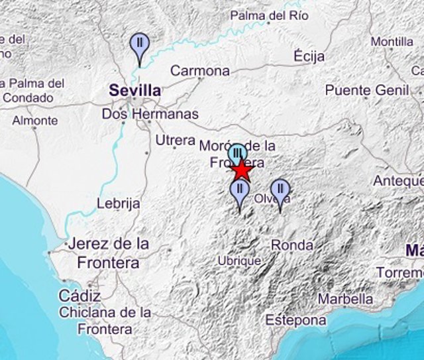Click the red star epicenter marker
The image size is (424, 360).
[x=242, y=171]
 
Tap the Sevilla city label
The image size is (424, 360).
[x=135, y=91]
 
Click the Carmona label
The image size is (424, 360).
[x=200, y=70]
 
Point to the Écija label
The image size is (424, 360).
[x=309, y=56]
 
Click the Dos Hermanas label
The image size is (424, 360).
[x=150, y=114]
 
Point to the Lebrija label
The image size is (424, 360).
[x=118, y=204]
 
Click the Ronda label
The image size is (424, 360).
[x=292, y=245]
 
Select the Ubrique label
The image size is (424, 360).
[x=239, y=261]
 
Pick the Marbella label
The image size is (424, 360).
[x=345, y=300]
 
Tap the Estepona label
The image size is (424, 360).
[x=295, y=321]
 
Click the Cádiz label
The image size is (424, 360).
[x=79, y=296]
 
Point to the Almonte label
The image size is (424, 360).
[x=34, y=121]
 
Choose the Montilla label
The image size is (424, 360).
[x=392, y=42]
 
